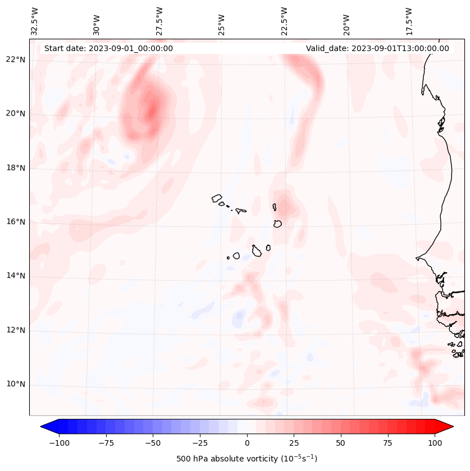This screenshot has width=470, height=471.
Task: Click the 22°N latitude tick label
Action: point(16,60)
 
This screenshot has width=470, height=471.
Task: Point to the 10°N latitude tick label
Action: point(16,385)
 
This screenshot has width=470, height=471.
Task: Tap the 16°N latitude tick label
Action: point(16,222)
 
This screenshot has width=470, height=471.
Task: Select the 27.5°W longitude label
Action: point(159,21)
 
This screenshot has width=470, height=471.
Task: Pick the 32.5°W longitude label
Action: point(35,21)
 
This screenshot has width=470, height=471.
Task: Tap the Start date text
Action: point(108,48)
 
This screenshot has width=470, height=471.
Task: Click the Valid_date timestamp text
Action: point(377,48)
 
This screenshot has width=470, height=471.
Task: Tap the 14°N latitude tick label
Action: point(16,276)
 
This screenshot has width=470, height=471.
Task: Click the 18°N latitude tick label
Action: point(16,168)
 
